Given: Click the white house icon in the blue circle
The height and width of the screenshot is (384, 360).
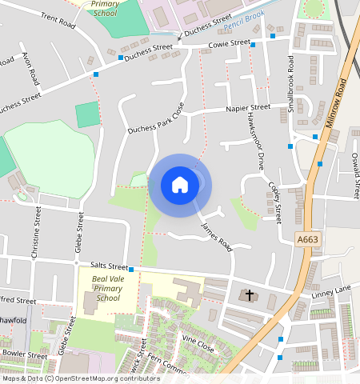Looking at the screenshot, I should click(x=180, y=185).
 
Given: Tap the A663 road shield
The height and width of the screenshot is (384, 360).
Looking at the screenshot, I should click(x=308, y=239).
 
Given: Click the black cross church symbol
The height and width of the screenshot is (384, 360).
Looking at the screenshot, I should click(x=249, y=295).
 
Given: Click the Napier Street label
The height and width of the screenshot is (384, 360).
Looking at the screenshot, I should click(x=248, y=107).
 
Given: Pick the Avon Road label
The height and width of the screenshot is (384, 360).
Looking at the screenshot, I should click(x=31, y=70).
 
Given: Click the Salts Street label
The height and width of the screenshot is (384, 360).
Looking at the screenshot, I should click(x=109, y=266).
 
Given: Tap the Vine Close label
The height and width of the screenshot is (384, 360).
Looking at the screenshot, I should click(x=198, y=344).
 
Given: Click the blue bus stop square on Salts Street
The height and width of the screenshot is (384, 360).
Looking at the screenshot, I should click(x=130, y=270).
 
